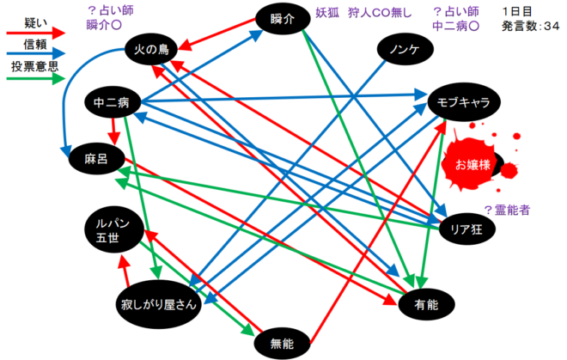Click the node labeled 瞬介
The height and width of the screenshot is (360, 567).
(x=283, y=19)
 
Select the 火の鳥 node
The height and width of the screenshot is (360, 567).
(x=151, y=49)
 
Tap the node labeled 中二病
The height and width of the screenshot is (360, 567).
(x=112, y=102)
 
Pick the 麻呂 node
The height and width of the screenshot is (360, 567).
(x=96, y=159)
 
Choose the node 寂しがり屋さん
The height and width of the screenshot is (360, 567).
(x=158, y=304)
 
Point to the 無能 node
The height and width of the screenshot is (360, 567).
(x=282, y=344)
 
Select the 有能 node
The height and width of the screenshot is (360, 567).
(x=426, y=305)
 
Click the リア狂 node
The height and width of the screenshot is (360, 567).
(x=466, y=229)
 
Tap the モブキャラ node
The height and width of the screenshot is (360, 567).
(x=464, y=102)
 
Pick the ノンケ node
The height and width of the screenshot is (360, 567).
(x=405, y=50)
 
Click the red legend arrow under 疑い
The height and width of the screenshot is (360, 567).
(x=36, y=33)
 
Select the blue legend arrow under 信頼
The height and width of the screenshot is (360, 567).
(x=36, y=53)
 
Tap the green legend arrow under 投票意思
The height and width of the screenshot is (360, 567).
(x=36, y=78)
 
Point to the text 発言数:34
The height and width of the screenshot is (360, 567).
(x=530, y=26)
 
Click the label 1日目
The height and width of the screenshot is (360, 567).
(x=517, y=11)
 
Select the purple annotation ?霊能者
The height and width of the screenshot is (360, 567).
(x=507, y=210)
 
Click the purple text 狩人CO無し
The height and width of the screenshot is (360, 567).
(x=380, y=13)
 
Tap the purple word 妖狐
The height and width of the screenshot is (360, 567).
(x=327, y=13)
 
